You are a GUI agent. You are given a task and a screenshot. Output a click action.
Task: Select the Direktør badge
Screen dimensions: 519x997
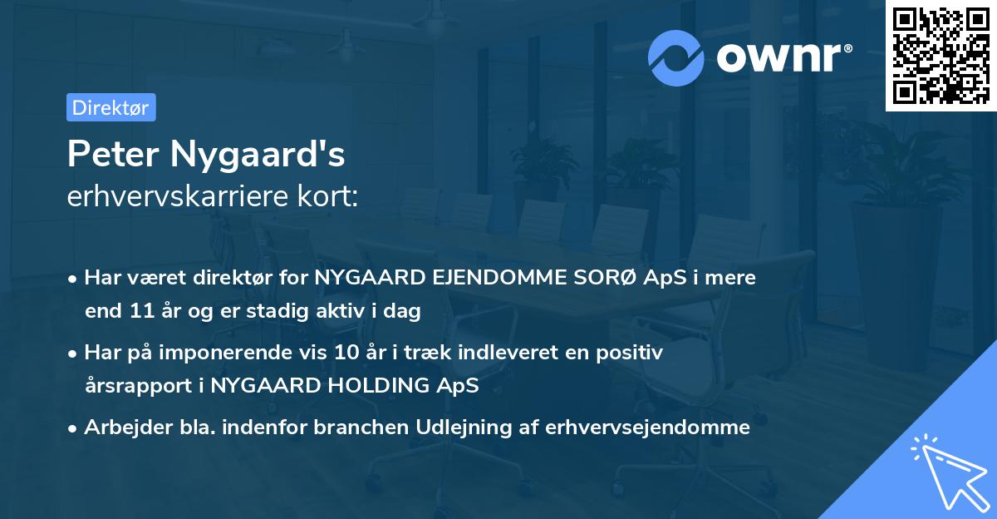(111, 107)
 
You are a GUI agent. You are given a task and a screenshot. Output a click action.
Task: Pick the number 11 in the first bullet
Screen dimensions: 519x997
(140, 312)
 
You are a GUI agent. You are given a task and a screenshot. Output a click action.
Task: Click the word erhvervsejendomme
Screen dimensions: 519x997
(647, 428)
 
